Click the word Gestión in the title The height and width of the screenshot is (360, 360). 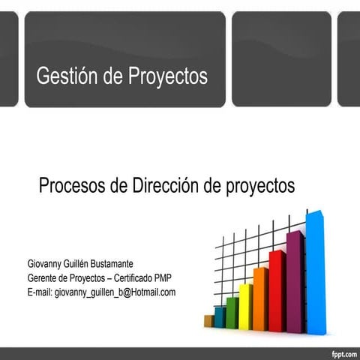(x=64, y=76)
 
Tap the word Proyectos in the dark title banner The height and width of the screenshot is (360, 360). (x=167, y=76)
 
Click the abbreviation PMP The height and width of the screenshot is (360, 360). (x=163, y=278)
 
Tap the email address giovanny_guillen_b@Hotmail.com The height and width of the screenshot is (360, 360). (x=115, y=292)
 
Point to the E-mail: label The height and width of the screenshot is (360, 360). (x=40, y=292)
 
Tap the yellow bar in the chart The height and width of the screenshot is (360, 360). (x=245, y=307)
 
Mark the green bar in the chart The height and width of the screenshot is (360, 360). (x=232, y=313)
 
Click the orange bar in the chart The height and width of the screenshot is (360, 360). (x=260, y=300)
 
